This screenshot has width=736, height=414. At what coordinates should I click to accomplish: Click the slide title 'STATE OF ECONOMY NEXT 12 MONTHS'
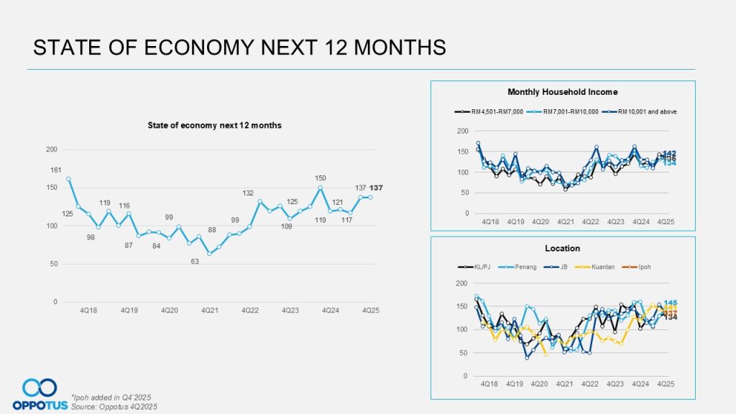pyautogui.click(x=240, y=47)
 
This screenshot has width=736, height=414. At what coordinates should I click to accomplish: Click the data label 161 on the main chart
pyautogui.click(x=56, y=170)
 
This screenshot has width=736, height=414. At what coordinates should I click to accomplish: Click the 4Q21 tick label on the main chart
pyautogui.click(x=209, y=310)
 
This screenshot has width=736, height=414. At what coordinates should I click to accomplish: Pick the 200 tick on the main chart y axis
pyautogui.click(x=52, y=149)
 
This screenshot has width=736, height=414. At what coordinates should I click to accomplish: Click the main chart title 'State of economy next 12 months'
pyautogui.click(x=214, y=125)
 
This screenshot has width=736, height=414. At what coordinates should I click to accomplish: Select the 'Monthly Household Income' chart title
pyautogui.click(x=562, y=92)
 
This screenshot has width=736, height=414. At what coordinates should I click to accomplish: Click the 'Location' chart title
pyautogui.click(x=562, y=248)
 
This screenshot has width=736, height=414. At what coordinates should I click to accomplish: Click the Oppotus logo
pyautogui.click(x=40, y=395)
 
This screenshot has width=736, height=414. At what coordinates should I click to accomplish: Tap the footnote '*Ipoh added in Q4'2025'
pyautogui.click(x=111, y=397)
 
